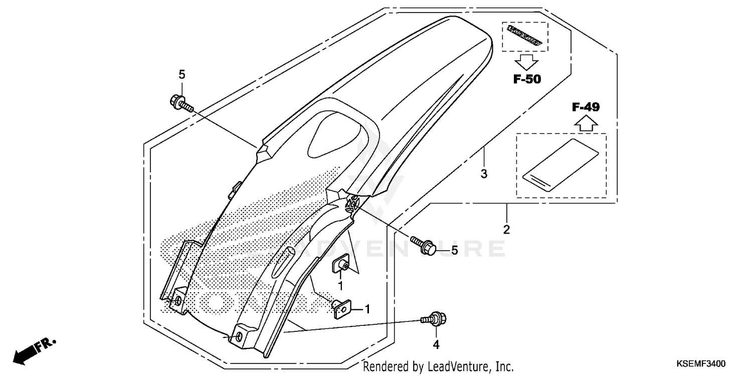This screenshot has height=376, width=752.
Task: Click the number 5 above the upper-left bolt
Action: click(182, 75)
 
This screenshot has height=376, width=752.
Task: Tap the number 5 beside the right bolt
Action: click(454, 250)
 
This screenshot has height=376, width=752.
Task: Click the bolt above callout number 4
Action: click(434, 318)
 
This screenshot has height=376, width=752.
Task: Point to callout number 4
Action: click(436, 344)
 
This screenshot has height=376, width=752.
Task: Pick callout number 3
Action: click(483, 174)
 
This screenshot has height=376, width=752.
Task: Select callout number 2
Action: click(506, 230)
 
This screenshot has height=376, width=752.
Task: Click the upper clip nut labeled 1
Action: click(342, 265)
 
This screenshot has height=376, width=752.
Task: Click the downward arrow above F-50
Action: click(525, 62)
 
